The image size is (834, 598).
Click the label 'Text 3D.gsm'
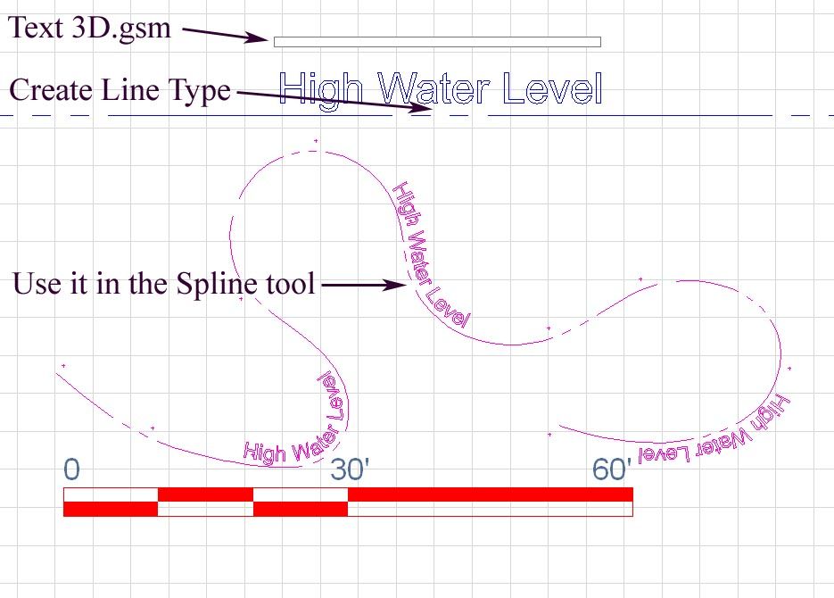click(89, 28)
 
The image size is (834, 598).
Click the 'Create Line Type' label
click(120, 90)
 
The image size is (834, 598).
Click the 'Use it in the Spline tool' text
click(164, 285)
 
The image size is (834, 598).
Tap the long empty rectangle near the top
click(437, 42)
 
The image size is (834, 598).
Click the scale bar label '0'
click(72, 469)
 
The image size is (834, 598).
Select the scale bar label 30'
click(350, 469)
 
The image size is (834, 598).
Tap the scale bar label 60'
click(612, 469)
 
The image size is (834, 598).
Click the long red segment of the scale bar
click(490, 494)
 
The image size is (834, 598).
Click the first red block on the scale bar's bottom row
click(111, 509)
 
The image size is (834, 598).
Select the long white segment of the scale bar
click(490, 509)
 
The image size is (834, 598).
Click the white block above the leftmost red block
click(111, 494)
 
